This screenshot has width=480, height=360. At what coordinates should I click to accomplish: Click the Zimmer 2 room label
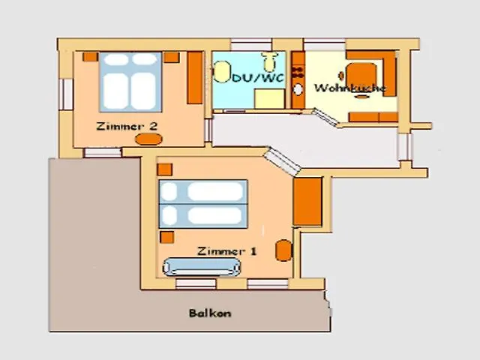point(127,126)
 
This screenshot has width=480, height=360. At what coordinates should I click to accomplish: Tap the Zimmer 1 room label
point(226,251)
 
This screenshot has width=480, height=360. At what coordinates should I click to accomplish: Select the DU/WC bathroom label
point(258,78)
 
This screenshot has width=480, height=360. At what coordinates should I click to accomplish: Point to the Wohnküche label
point(350,88)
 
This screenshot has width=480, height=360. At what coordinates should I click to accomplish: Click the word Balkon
point(210,313)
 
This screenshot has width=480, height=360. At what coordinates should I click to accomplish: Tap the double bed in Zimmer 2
point(130,82)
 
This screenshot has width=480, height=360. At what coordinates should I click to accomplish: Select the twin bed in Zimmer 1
point(203,204)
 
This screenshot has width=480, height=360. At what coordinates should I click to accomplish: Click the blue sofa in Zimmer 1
point(202,267)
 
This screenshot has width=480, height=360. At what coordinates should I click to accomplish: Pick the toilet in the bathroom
point(270,61)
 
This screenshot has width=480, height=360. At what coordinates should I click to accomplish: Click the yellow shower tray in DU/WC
point(270,98)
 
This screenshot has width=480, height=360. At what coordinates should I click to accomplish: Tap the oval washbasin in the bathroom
point(222,72)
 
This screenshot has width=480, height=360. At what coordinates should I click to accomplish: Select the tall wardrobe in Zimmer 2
point(195,78)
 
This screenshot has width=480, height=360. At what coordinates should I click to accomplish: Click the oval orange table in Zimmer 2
point(148,139)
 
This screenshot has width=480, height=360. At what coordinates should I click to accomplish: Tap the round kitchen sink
point(298,90)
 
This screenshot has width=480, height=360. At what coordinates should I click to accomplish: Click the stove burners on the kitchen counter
point(298,72)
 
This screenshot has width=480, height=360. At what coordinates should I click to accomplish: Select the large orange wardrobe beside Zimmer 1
point(307,202)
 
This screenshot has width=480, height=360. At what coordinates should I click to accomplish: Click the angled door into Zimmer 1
point(282,162)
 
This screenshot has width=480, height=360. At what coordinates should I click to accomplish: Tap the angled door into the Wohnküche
point(325,117)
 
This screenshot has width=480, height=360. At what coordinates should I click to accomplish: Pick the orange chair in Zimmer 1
point(283,250)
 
